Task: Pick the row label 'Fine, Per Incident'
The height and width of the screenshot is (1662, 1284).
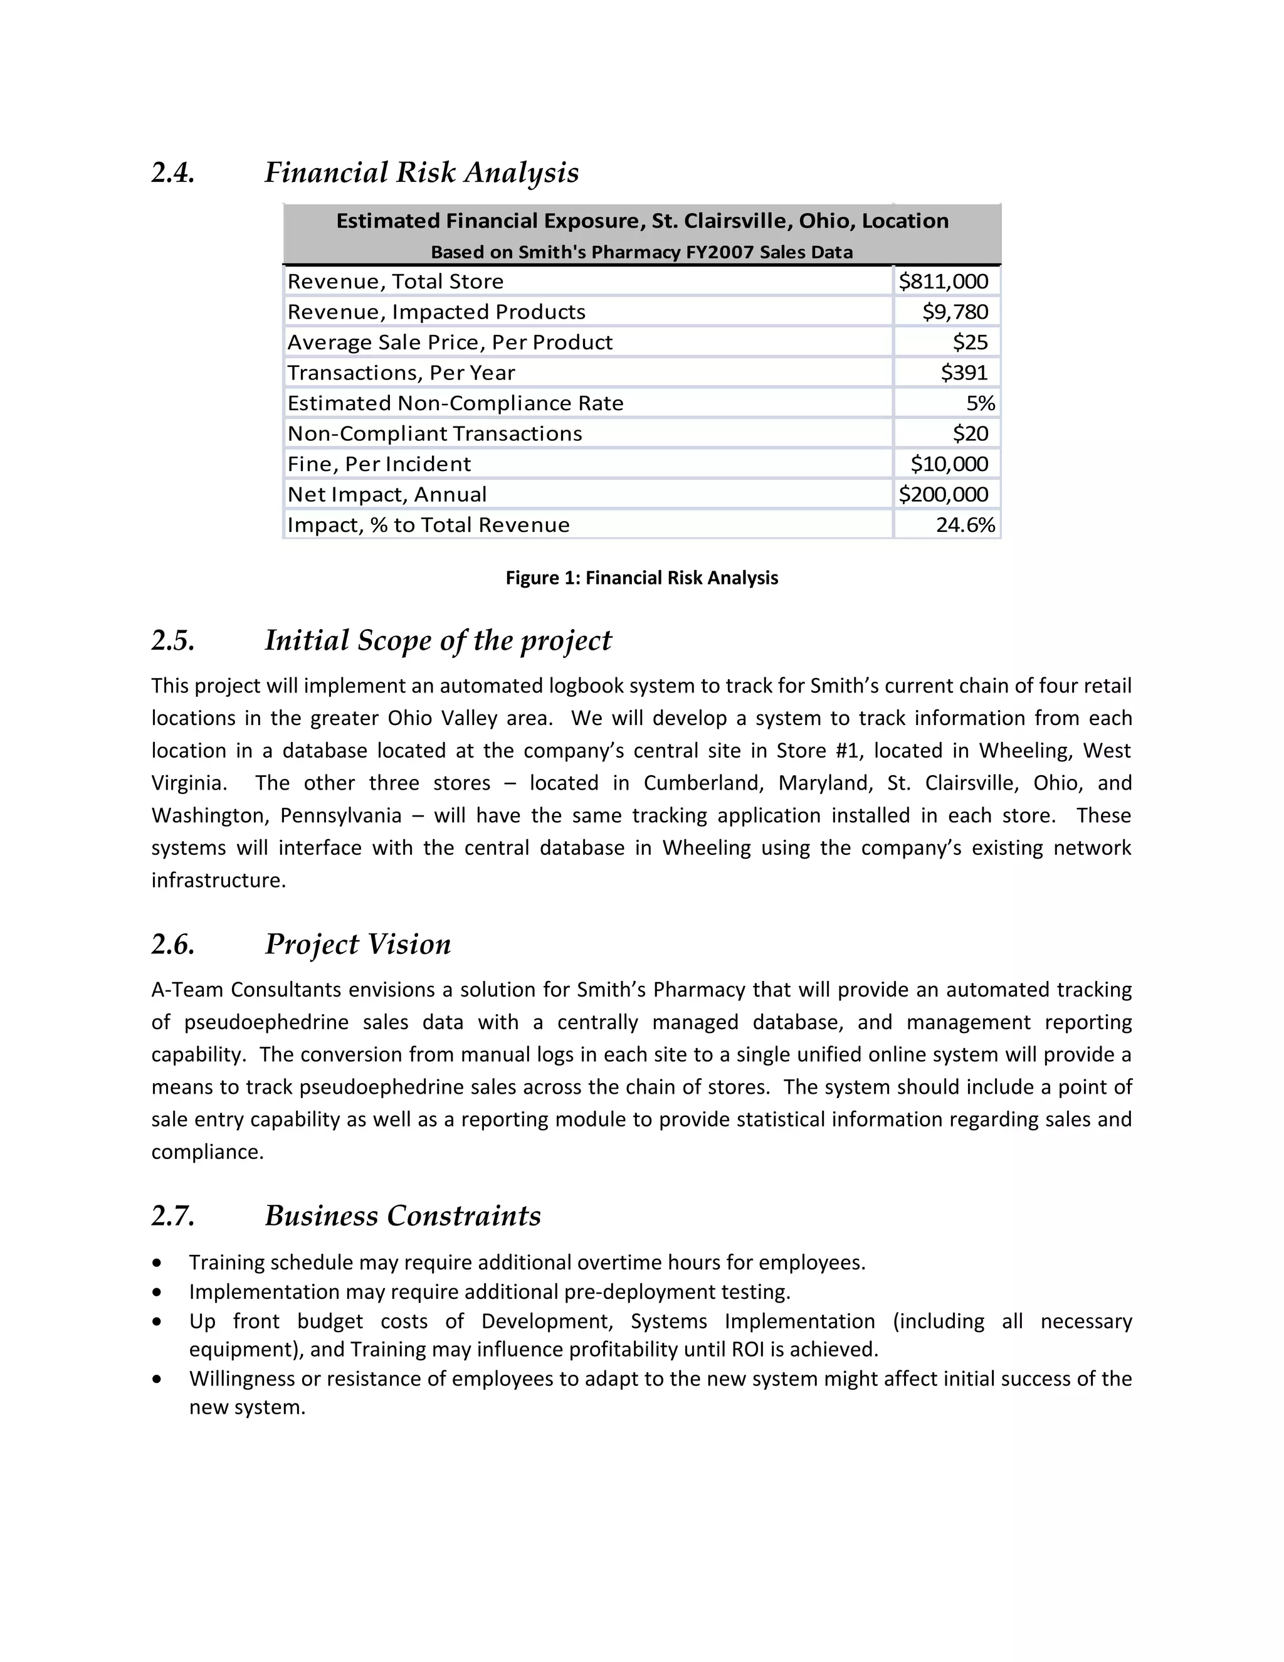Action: pyautogui.click(x=379, y=464)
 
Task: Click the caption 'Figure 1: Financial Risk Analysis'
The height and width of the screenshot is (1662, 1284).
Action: pyautogui.click(x=641, y=578)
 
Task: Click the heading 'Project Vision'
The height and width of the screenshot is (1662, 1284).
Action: pyautogui.click(x=357, y=945)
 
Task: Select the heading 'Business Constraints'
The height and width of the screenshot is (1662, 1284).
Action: pyautogui.click(x=403, y=1216)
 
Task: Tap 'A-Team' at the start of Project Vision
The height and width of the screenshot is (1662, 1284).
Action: pyautogui.click(x=188, y=990)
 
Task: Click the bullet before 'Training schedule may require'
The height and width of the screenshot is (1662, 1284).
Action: pyautogui.click(x=157, y=1263)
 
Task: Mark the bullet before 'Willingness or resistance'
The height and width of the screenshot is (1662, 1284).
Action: pyautogui.click(x=157, y=1379)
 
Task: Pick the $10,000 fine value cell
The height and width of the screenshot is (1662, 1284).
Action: pyautogui.click(x=949, y=464)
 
